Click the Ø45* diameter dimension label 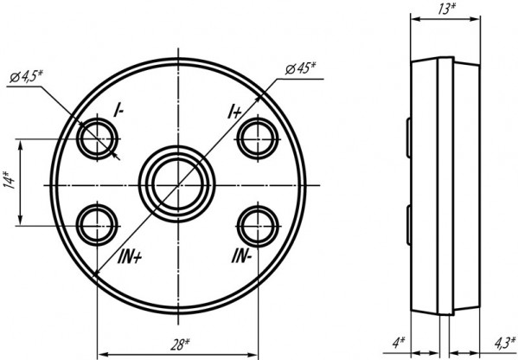300,68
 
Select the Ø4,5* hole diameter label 26,76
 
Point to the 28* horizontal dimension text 180,344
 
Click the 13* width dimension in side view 446,9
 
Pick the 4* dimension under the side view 399,343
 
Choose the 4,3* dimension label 505,343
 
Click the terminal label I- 118,110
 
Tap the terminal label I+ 234,111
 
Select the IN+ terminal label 130,257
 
